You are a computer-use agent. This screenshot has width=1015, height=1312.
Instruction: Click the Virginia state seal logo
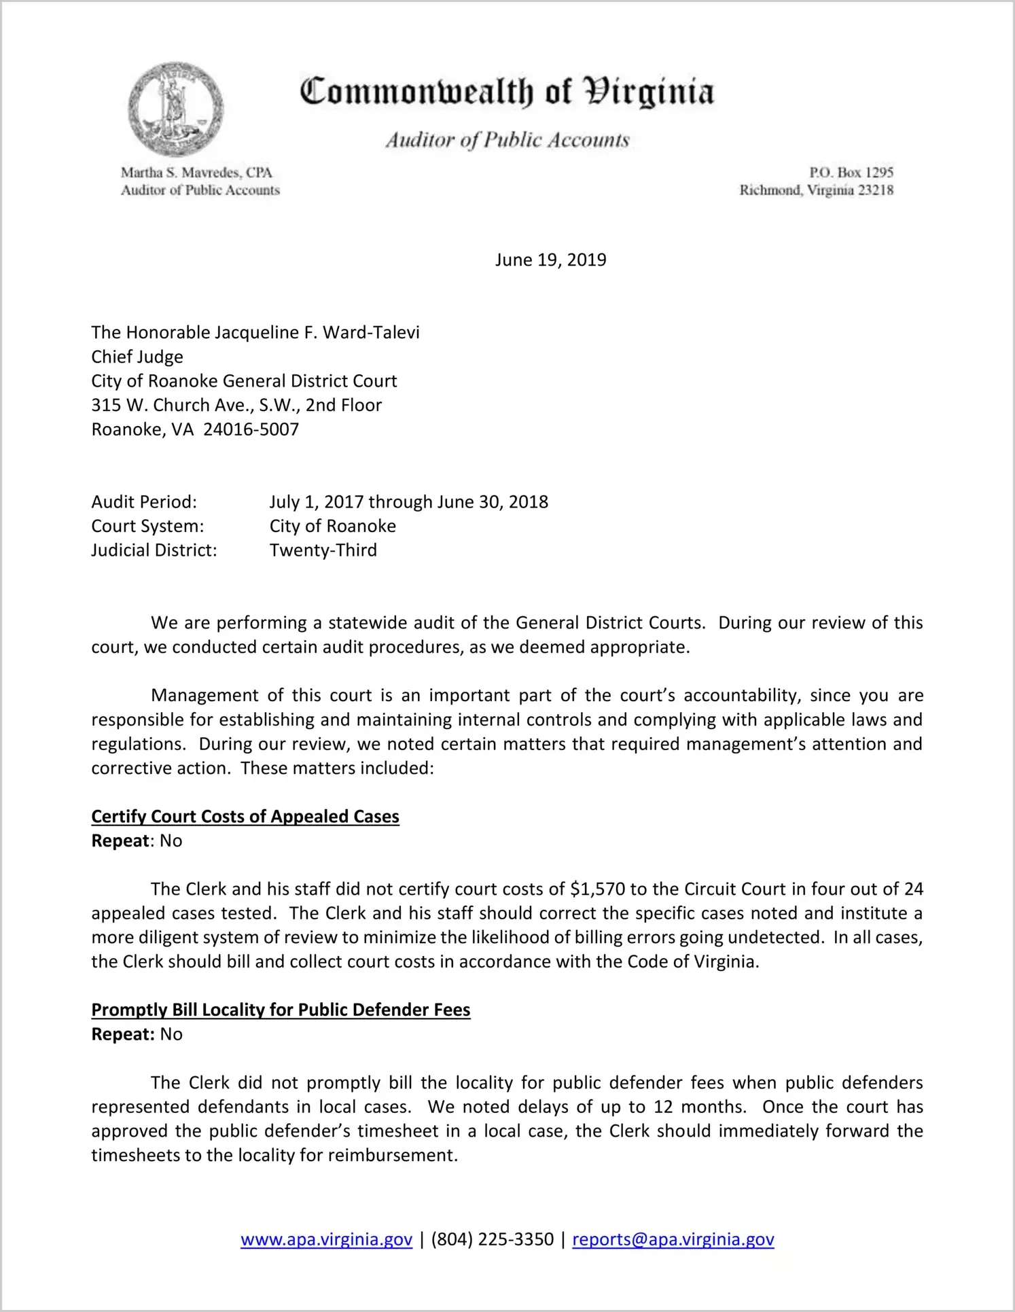(175, 109)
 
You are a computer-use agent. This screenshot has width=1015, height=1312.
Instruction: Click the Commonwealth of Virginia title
(507, 92)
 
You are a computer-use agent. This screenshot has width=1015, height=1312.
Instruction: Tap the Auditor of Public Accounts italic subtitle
(507, 140)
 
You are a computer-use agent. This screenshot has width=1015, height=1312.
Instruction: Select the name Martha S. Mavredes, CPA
(196, 173)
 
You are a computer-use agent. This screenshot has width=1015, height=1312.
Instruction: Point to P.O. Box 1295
(851, 173)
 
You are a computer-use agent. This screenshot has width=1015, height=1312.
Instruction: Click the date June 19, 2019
(550, 260)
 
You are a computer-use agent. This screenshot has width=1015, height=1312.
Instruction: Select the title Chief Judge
(137, 357)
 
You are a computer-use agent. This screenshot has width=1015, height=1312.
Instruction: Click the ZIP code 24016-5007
(251, 429)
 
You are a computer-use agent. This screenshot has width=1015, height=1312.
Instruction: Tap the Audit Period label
(144, 502)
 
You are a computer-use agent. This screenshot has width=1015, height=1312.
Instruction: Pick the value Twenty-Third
(323, 550)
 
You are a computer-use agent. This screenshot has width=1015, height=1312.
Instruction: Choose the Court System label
(147, 526)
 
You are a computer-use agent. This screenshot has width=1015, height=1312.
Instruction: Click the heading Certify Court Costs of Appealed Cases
(245, 817)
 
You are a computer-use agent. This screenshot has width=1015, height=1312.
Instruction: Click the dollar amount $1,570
(598, 889)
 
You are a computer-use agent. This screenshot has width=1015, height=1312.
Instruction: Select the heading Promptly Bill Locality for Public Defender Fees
(281, 1010)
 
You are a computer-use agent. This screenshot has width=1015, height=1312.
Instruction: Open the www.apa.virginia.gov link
(326, 1239)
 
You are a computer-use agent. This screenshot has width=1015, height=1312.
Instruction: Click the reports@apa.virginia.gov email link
(673, 1239)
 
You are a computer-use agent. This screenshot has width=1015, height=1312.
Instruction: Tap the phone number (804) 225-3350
(492, 1239)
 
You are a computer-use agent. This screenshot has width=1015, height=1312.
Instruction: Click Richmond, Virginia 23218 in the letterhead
(816, 190)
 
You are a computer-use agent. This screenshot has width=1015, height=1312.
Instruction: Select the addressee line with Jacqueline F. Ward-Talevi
(255, 332)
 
